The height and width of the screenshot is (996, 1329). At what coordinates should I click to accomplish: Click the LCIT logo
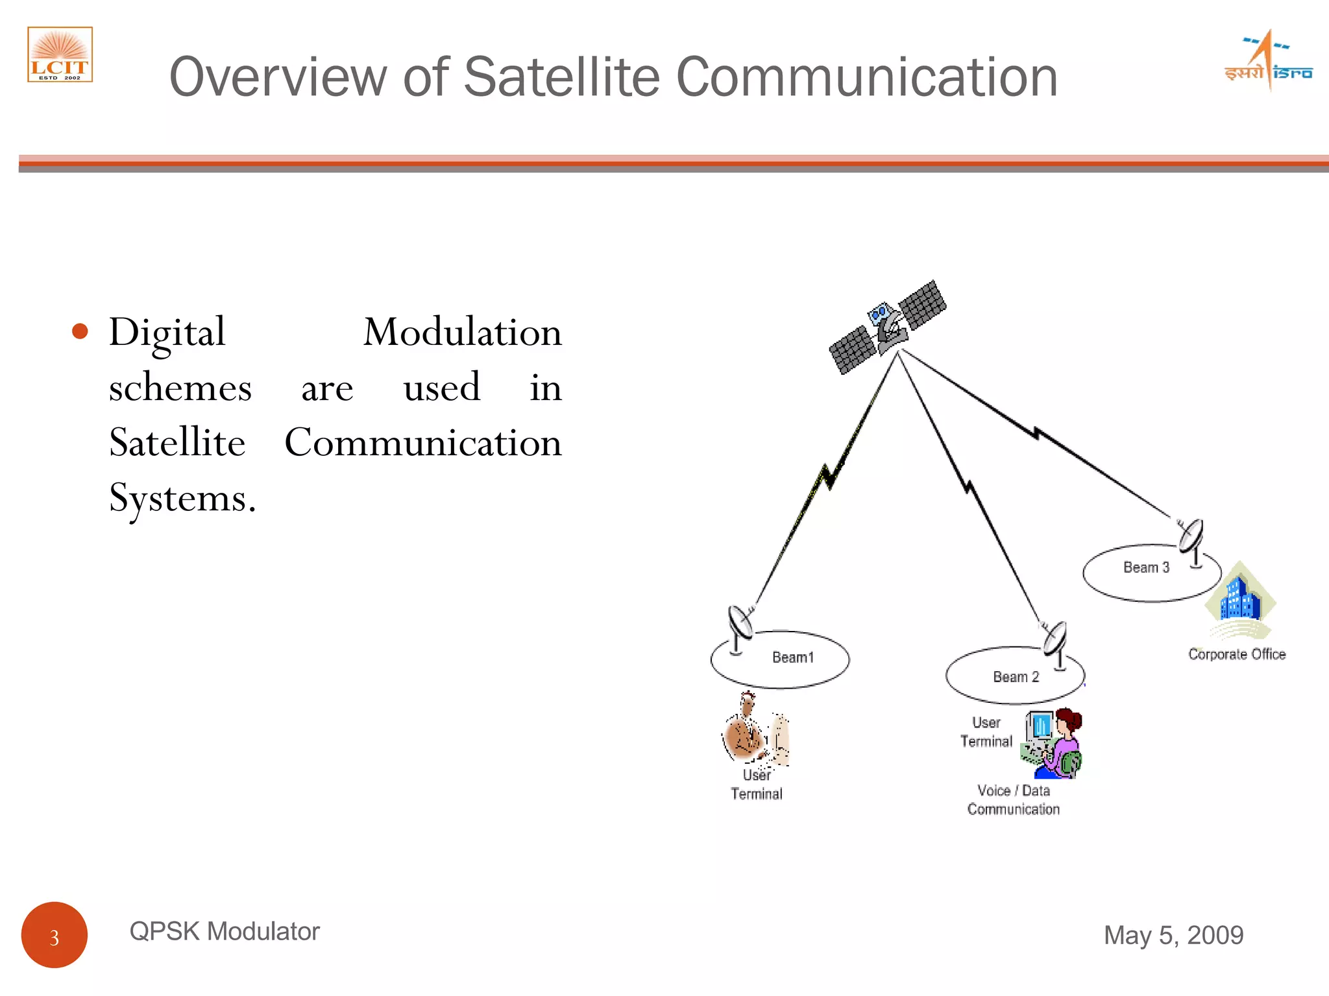point(60,54)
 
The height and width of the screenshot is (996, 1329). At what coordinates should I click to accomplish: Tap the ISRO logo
point(1268,62)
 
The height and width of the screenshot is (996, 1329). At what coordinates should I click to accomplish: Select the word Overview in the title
point(278,77)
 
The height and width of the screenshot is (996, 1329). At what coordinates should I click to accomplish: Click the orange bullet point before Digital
point(80,331)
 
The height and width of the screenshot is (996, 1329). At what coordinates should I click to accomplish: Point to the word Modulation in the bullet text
point(462,333)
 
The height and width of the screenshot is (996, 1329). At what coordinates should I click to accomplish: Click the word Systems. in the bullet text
point(182,499)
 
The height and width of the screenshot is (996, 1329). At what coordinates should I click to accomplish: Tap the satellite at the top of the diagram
point(888,327)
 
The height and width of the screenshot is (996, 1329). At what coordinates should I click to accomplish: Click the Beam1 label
point(792,658)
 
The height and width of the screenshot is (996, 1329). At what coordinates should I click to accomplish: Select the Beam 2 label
point(1016,677)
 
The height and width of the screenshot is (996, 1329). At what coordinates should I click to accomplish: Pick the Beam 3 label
point(1146,567)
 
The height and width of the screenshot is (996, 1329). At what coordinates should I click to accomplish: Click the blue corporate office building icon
point(1240,600)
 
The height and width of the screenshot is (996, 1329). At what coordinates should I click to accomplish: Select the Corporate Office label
point(1236,654)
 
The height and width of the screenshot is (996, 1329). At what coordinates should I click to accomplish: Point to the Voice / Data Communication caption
point(1013,800)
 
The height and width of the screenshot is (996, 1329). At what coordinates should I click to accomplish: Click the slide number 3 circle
point(55,935)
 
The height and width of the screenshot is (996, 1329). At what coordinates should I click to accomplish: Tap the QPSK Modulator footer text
point(225,931)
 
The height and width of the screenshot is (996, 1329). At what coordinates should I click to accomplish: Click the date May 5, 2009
point(1173,935)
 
